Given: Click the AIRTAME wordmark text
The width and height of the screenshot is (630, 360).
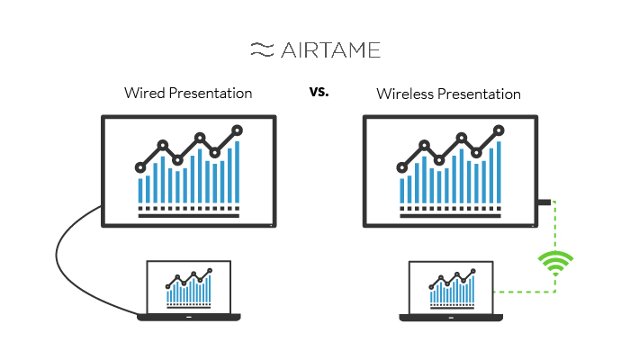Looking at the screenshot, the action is point(330,50).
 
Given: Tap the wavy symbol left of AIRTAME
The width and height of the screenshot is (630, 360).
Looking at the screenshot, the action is point(263,49).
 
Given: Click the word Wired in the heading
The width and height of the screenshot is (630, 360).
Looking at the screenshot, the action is point(145,93).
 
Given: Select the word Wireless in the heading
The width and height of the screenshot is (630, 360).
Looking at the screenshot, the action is point(405,94).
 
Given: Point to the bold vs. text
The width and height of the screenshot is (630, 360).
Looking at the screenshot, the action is point(319,92).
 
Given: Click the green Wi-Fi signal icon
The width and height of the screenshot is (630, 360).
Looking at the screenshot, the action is point(555,263).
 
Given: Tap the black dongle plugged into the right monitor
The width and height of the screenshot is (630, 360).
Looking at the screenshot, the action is point(544,202).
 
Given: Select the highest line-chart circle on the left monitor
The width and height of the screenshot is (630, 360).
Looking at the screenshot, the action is point(237,130).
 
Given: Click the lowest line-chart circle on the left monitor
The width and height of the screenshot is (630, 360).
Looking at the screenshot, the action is point(140,167).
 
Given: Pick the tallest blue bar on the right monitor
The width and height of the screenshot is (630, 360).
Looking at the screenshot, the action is point(499,172).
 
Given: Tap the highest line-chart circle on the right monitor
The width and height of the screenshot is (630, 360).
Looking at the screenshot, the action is point(499,130).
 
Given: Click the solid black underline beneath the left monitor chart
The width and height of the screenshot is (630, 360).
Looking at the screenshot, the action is point(189,216).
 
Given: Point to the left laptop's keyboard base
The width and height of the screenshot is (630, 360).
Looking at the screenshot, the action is point(189,318).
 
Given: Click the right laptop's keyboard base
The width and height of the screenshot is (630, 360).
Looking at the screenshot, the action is point(451,318).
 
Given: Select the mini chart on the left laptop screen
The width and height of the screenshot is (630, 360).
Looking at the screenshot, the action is point(189,288).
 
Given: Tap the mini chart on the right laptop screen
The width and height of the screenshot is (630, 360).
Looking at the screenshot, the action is point(453,289).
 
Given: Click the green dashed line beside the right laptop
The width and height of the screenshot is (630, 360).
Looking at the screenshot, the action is point(525,292).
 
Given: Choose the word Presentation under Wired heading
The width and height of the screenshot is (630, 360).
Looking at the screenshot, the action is point(211,93).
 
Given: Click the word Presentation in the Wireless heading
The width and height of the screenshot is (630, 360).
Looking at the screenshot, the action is point(479,94).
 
